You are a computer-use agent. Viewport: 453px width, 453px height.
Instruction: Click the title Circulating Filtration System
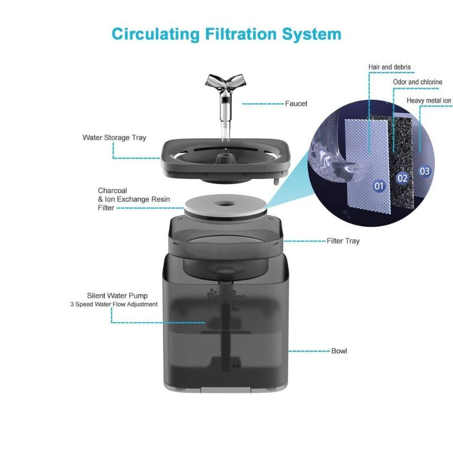[226, 34]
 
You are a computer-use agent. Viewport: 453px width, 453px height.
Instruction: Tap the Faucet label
[296, 104]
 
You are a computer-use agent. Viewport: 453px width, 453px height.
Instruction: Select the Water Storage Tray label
[114, 138]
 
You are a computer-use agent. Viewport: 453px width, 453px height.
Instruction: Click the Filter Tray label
[343, 241]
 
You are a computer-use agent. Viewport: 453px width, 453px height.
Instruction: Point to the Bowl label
[339, 351]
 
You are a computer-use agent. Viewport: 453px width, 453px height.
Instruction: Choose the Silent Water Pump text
[117, 296]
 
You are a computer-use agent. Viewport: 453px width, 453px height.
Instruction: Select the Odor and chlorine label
[417, 82]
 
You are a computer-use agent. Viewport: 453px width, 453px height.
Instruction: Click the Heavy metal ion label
[429, 101]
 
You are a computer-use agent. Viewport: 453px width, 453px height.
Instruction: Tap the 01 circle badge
[379, 185]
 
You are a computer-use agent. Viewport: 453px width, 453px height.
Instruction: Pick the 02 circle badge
[403, 178]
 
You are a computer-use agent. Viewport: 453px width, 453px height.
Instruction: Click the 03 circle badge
[425, 170]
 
